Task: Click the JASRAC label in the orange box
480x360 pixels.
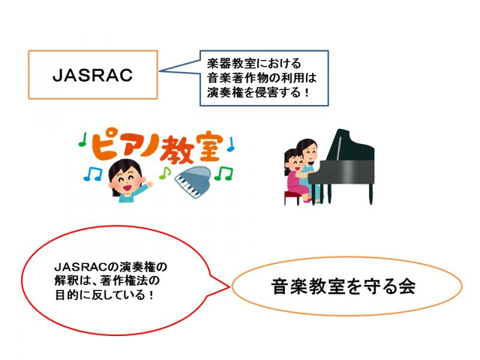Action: click(x=92, y=75)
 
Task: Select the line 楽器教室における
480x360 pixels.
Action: click(x=254, y=64)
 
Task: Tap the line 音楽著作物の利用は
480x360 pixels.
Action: click(x=262, y=77)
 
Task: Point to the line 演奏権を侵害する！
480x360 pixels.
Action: click(x=258, y=92)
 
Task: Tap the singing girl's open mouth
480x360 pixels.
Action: click(x=127, y=186)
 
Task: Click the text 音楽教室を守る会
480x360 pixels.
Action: click(x=343, y=286)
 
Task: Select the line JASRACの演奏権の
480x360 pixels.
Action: click(x=111, y=266)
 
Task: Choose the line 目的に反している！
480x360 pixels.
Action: click(x=104, y=295)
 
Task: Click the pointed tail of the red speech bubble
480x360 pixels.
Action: click(x=229, y=287)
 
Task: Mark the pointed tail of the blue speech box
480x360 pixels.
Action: click(x=160, y=71)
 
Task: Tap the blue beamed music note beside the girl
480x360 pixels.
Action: click(x=93, y=173)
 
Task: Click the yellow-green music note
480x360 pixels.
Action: click(x=164, y=173)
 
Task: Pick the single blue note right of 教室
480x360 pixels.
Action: click(x=230, y=145)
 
